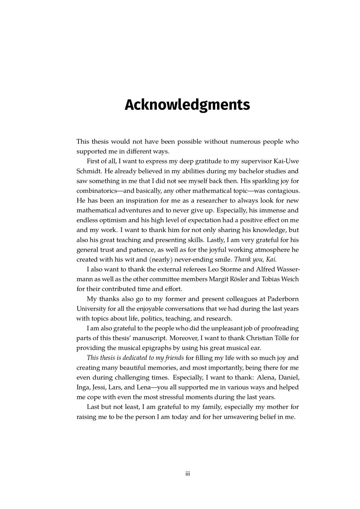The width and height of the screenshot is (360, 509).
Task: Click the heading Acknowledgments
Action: coord(187,105)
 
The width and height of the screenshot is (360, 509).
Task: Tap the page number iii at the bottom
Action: coord(188,474)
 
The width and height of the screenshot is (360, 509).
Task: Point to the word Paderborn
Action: coord(283,299)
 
